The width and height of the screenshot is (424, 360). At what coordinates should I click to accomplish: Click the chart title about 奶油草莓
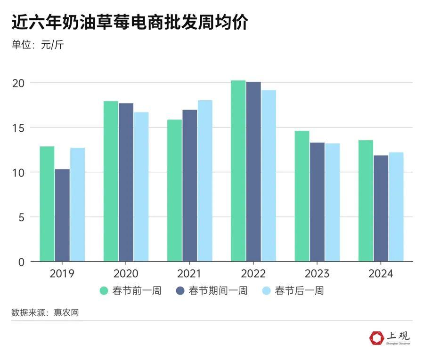pos(130,23)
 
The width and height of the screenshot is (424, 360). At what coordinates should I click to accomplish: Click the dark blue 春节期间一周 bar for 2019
pos(62,215)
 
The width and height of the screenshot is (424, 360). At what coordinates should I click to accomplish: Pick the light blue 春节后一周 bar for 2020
pos(141,187)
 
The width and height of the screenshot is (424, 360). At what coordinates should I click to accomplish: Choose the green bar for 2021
pos(174,191)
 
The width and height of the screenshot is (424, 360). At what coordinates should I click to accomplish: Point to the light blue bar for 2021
pos(204,181)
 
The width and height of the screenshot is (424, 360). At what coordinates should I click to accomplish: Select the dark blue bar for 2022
pos(253,172)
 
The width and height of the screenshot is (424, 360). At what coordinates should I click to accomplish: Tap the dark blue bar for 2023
pos(317,202)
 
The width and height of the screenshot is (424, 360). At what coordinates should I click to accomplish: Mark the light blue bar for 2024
pos(396,207)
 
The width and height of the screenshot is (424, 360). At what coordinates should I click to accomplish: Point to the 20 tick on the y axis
pos(17,83)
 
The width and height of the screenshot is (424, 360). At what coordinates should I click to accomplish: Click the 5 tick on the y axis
pos(21,217)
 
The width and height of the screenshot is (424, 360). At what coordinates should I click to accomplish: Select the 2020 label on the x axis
pos(126,273)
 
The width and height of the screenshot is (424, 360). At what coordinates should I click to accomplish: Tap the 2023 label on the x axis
pos(317,273)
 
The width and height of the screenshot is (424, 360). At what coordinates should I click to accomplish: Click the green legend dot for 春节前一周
pos(105,290)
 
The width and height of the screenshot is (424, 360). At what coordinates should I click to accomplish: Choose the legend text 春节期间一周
pos(218,290)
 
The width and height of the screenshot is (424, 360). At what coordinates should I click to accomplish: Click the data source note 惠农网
pos(45,312)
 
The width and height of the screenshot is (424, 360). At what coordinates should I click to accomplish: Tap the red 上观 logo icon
pos(377,338)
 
